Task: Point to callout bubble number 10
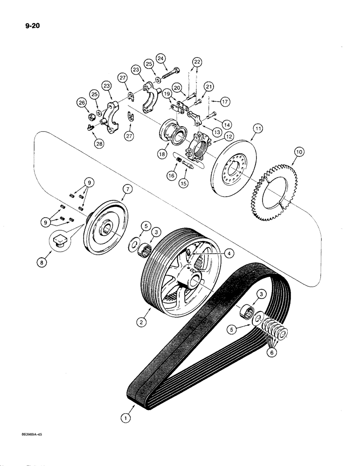tap(298, 152)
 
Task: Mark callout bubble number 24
tap(161, 58)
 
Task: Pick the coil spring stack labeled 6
tap(273, 331)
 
